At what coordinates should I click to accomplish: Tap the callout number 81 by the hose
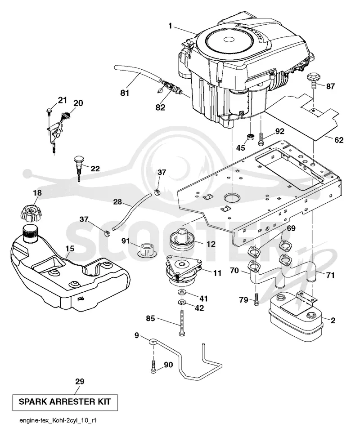point(125,93)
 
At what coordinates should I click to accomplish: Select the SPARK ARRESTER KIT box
point(64,402)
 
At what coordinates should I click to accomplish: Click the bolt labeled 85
point(181,325)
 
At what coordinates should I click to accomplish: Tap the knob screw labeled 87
point(313,78)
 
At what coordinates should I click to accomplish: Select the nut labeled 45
point(250,138)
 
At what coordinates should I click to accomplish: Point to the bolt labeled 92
point(261,138)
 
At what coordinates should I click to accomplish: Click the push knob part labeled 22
point(79,169)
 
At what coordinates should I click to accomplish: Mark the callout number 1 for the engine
point(171,26)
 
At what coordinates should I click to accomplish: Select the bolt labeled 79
point(256,299)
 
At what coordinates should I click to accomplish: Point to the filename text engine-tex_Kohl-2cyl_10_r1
point(58,421)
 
